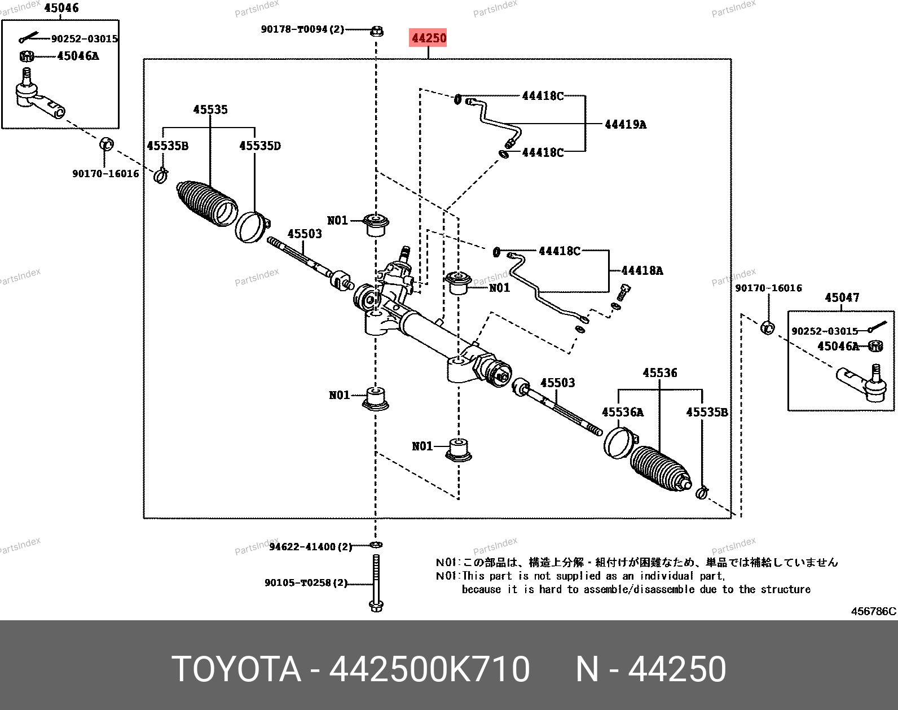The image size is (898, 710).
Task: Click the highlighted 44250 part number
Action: pyautogui.click(x=428, y=38)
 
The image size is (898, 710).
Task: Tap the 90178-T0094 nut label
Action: pyautogui.click(x=302, y=29)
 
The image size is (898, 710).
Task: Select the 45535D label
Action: pyautogui.click(x=260, y=146)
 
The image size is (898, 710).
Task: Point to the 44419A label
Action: pyautogui.click(x=626, y=125)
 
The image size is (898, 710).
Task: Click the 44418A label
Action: pyautogui.click(x=642, y=271)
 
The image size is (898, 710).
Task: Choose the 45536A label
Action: pyautogui.click(x=623, y=412)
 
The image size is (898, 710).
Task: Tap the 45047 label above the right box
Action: pyautogui.click(x=842, y=297)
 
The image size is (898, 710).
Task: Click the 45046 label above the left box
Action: pyautogui.click(x=61, y=8)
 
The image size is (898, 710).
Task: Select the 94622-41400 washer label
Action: pyautogui.click(x=311, y=546)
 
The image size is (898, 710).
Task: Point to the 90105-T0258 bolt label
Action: pyautogui.click(x=306, y=582)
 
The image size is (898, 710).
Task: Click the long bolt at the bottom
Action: pyautogui.click(x=376, y=583)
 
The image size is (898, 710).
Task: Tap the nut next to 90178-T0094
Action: pyautogui.click(x=377, y=31)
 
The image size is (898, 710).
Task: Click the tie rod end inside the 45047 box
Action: pyautogui.click(x=861, y=383)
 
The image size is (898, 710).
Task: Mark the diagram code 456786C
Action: pyautogui.click(x=873, y=611)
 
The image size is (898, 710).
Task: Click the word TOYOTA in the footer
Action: pyautogui.click(x=236, y=669)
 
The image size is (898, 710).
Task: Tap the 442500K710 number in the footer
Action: pyautogui.click(x=429, y=669)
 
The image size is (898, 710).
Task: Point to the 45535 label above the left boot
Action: pyautogui.click(x=210, y=109)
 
